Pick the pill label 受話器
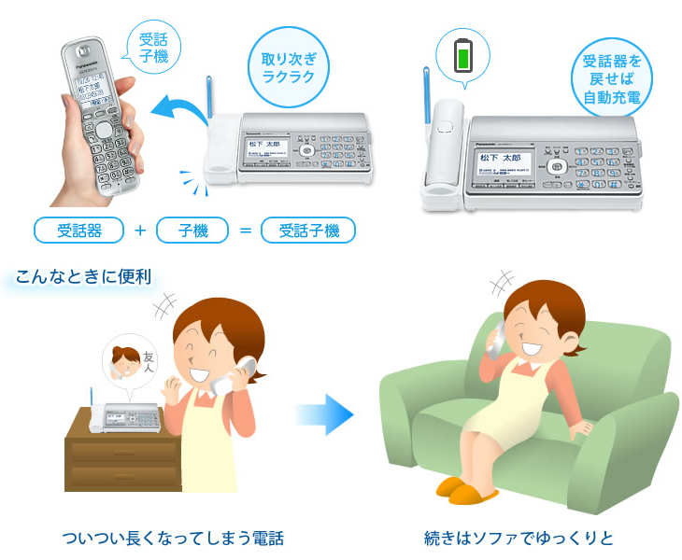point(78,229)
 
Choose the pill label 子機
point(193,229)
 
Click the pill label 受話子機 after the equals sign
point(308,229)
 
